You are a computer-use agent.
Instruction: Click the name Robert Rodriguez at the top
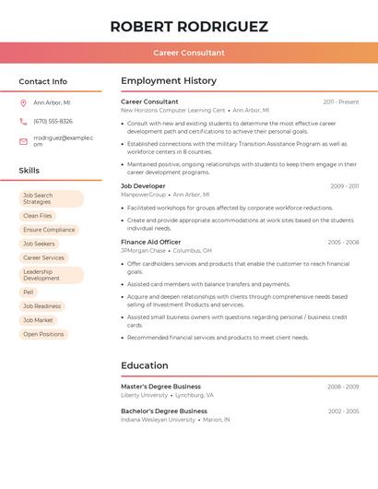(189, 26)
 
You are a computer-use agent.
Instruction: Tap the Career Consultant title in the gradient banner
(189, 54)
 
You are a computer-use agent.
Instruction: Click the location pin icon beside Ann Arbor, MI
(23, 103)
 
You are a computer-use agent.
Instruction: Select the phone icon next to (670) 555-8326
(23, 122)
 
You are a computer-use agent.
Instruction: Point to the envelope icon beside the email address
(23, 141)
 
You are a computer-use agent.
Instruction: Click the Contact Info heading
(43, 81)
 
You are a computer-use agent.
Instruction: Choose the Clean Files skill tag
(38, 216)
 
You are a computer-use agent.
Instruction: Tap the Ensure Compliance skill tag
(49, 230)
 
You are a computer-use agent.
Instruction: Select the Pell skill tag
(29, 292)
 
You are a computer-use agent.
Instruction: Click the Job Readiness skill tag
(42, 306)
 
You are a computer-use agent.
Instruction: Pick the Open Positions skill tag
(43, 334)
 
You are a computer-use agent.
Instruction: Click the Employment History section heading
(169, 81)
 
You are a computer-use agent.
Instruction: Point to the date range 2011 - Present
(341, 102)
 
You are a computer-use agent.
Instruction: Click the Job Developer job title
(143, 186)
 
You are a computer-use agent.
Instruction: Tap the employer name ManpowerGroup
(143, 195)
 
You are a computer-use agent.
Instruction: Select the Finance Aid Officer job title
(150, 242)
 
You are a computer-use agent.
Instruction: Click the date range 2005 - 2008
(343, 243)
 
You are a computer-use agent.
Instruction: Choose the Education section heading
(145, 365)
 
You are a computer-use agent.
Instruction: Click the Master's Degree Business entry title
(160, 387)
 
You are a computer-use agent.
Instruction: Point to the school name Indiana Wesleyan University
(158, 420)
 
